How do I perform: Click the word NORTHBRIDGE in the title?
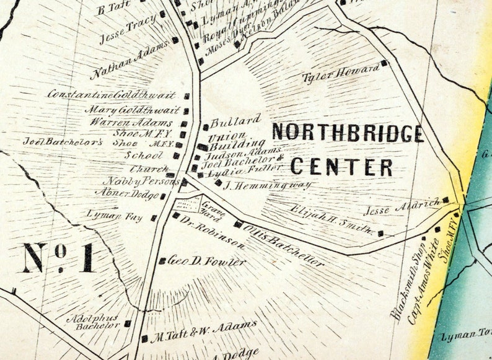348,133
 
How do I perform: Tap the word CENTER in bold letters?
341,167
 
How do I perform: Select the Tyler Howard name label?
340,73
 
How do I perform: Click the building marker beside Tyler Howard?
384,63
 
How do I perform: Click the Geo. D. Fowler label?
207,261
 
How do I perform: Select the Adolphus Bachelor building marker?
128,323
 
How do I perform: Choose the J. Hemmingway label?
266,184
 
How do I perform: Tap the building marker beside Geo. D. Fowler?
162,261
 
